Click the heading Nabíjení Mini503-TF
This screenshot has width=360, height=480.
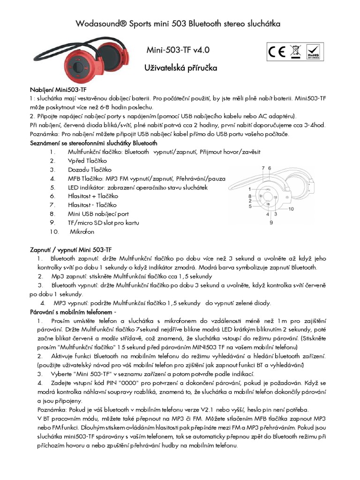point(58,90)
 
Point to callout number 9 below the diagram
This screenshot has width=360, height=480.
point(271,223)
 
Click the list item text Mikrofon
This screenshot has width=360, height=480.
point(82,232)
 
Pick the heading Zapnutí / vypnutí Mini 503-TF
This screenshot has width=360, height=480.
point(71,249)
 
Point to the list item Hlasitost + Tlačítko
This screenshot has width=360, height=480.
point(92,196)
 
